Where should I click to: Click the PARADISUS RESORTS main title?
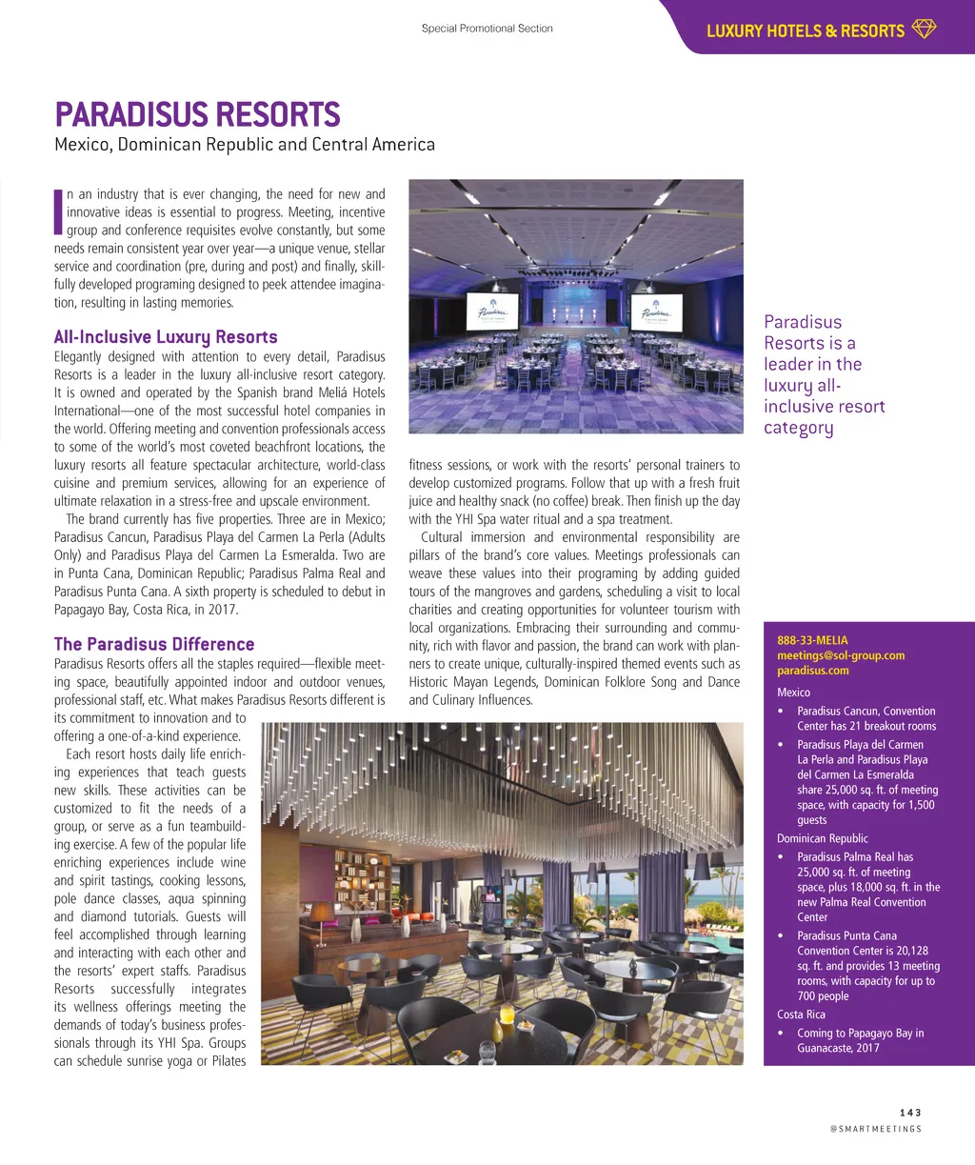(197, 115)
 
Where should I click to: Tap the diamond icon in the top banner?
(924, 30)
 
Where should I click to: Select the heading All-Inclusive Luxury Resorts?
(166, 337)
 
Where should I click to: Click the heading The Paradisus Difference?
(154, 645)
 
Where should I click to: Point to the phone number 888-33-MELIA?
(812, 640)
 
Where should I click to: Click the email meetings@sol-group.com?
(841, 655)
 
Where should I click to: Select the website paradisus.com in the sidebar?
(812, 671)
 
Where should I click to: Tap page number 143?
(910, 1113)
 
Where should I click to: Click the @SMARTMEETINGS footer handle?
(876, 1129)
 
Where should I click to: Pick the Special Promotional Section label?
(487, 29)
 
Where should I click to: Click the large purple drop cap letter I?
(58, 211)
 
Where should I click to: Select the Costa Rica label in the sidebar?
(801, 1014)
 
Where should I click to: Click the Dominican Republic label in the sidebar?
(822, 838)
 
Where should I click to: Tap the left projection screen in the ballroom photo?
(492, 311)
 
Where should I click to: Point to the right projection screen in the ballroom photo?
(655, 311)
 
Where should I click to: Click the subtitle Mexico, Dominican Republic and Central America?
(245, 145)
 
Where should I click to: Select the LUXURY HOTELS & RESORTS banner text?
(805, 30)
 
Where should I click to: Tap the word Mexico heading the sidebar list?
(793, 693)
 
